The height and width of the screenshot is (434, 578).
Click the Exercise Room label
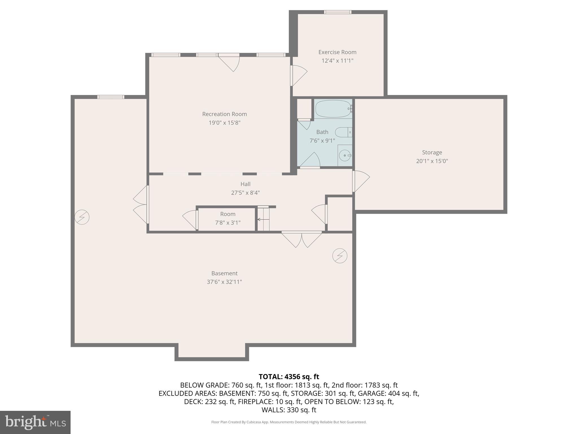tap(337, 52)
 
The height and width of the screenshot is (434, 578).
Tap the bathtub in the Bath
tap(333, 109)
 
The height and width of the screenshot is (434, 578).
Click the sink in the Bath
tap(345, 155)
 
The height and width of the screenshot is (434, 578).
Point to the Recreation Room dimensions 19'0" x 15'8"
tap(224, 123)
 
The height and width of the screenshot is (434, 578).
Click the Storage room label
tap(432, 153)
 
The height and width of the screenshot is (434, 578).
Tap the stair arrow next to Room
tap(263, 219)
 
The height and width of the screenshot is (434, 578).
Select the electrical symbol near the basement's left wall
tap(82, 217)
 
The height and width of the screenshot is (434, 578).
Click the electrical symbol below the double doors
tap(340, 256)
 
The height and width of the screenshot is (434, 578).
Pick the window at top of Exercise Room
tap(338, 12)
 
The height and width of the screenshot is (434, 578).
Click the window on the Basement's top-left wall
tap(111, 97)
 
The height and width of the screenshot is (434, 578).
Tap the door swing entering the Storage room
tap(361, 181)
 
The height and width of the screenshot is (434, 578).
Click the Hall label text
tap(245, 184)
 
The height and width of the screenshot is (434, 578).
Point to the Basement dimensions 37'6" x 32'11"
tap(224, 282)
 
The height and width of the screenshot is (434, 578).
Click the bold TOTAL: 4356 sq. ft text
tap(289, 377)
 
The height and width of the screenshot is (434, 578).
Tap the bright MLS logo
tap(35, 422)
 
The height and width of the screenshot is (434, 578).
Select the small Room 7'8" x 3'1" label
tap(227, 218)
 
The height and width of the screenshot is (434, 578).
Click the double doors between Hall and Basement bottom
tap(301, 239)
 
